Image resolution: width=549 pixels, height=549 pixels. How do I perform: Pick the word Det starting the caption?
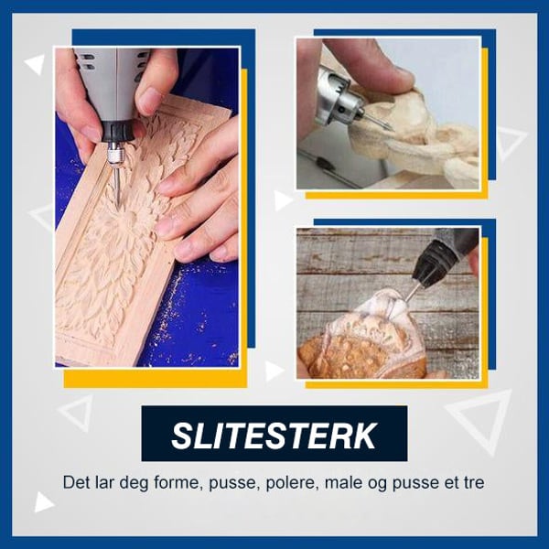(77, 481)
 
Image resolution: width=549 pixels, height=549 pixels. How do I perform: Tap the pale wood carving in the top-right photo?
(412, 137)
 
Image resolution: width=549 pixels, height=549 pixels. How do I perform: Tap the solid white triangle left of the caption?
(43, 501)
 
